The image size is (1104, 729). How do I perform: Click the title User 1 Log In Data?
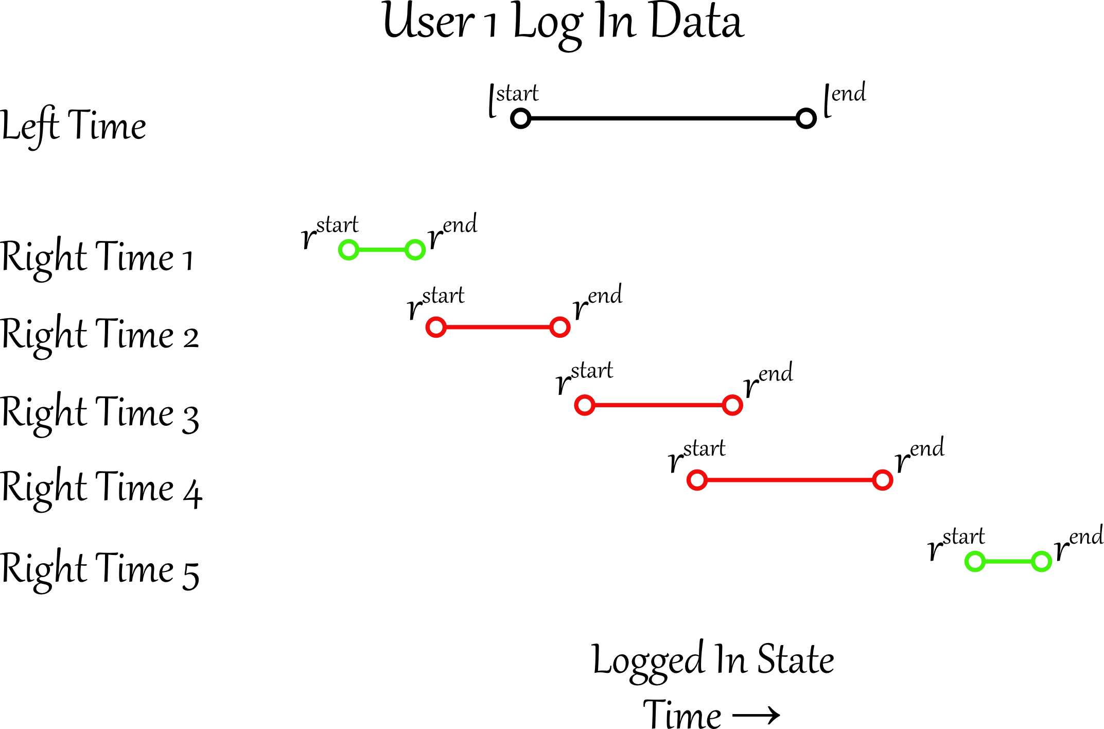point(563,23)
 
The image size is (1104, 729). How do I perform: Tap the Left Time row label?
point(73,126)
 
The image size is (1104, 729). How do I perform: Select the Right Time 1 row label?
point(97,257)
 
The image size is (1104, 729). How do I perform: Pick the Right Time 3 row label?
point(99,413)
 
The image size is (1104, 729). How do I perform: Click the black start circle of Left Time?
point(520,118)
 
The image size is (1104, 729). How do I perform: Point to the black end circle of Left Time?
point(805,118)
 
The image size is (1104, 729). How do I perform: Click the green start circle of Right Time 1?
point(348,250)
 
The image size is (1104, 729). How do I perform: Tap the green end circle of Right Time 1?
point(415,250)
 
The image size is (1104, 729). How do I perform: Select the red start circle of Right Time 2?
point(435,327)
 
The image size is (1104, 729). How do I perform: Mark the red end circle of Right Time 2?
point(559,327)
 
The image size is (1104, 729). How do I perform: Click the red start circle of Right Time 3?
point(585,405)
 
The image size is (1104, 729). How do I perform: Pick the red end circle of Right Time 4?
point(882,480)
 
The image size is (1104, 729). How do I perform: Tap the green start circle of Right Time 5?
point(975,561)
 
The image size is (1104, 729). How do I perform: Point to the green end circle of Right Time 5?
point(1041,561)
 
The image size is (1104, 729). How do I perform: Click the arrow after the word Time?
point(756,715)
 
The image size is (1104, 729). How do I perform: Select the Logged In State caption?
point(713,660)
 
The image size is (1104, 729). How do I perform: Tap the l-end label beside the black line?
point(845,98)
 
